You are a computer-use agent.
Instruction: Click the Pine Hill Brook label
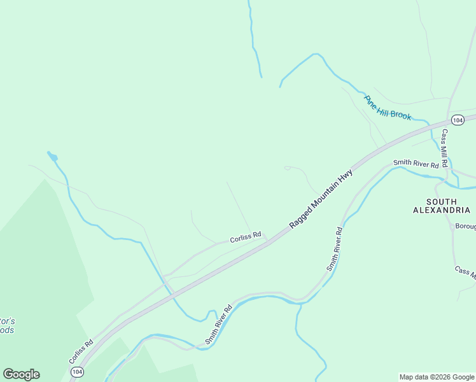[x=388, y=108]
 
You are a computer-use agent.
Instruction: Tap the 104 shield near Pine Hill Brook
[x=457, y=120]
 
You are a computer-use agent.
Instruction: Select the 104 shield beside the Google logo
[x=77, y=371]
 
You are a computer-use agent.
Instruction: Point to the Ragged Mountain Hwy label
[x=321, y=197]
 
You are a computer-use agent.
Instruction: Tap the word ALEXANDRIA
[x=443, y=209]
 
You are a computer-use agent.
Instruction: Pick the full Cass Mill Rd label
[x=445, y=148]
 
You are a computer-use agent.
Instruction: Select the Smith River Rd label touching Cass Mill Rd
[x=416, y=164]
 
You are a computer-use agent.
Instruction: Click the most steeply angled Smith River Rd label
[x=335, y=249]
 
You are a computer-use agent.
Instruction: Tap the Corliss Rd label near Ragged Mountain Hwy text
[x=246, y=237]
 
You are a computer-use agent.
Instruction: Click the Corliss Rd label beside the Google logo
[x=81, y=351]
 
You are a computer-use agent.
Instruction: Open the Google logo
[x=21, y=374]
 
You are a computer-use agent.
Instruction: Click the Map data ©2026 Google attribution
[x=437, y=377]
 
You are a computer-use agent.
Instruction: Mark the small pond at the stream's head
[x=53, y=157]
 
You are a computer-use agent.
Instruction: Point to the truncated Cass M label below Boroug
[x=465, y=272]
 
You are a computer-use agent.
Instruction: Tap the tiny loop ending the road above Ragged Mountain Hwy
[x=287, y=168]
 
